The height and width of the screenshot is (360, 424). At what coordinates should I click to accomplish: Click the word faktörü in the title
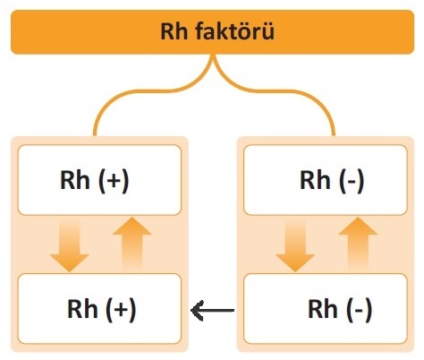click(234, 30)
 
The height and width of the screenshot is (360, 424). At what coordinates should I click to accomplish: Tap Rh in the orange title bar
click(174, 30)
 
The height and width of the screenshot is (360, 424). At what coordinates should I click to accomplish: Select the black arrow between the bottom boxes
click(212, 311)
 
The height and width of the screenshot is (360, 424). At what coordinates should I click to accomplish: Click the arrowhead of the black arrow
click(197, 311)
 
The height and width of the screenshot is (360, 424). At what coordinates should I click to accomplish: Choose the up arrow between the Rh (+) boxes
click(132, 244)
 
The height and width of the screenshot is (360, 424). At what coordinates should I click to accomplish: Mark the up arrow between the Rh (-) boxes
click(358, 244)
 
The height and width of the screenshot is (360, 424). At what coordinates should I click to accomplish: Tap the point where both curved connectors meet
click(213, 56)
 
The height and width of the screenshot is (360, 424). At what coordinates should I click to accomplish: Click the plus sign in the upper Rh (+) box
click(114, 181)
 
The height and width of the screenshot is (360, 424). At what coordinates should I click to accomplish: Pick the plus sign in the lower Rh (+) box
click(121, 309)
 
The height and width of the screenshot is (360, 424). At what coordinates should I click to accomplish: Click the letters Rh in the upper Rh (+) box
click(75, 180)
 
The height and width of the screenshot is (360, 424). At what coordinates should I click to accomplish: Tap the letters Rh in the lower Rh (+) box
click(82, 308)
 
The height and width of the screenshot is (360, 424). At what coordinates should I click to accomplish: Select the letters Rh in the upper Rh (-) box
click(315, 180)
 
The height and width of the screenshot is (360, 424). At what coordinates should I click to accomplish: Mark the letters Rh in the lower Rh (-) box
click(323, 308)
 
